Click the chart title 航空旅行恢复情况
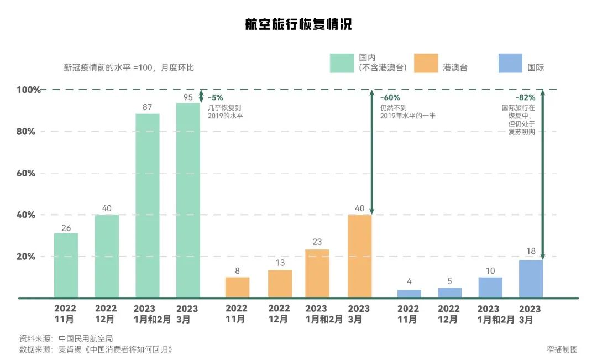(298, 25)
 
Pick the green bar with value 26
(66, 265)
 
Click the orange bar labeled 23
(317, 273)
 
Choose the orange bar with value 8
(237, 287)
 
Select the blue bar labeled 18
(531, 279)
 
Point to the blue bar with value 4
(409, 294)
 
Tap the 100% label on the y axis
(28, 90)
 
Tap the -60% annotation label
(390, 98)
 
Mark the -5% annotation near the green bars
(216, 98)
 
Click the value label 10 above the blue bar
(490, 270)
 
